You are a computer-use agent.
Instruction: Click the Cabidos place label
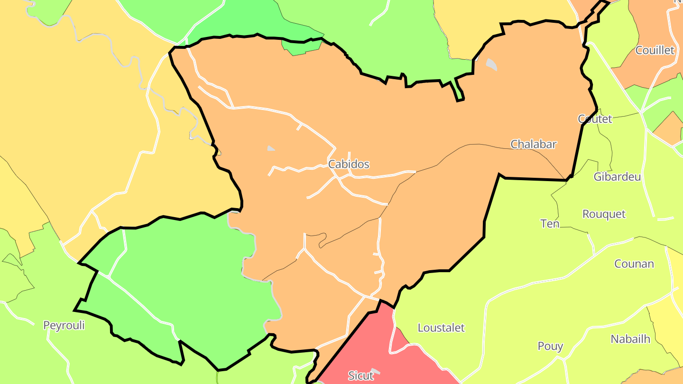point(349,165)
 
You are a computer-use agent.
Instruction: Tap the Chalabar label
point(533,144)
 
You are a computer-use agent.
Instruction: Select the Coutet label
point(595,119)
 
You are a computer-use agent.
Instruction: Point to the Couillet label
point(655,50)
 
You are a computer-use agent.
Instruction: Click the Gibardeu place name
point(617,177)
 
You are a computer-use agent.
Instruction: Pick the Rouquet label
point(604,214)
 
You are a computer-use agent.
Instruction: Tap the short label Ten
point(550,223)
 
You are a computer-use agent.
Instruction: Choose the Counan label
point(634,264)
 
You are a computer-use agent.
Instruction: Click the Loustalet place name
point(441,328)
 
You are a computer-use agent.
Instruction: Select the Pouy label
point(550,347)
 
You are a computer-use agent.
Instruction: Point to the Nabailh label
point(630,339)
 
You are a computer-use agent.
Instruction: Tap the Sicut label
point(360,376)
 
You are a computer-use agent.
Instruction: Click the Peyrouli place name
point(64,326)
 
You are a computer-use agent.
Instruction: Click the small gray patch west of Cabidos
point(271,148)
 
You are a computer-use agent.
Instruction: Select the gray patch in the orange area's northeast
point(491,64)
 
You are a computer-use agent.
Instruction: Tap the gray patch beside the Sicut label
point(376,371)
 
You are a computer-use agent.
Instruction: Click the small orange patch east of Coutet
point(670,127)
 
